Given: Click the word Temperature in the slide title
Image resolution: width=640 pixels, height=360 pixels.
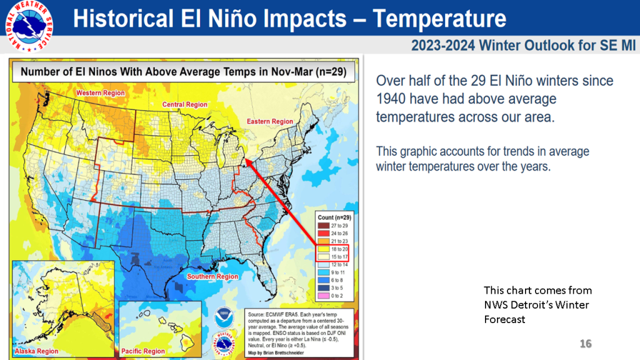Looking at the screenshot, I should pyautogui.click(x=440, y=18).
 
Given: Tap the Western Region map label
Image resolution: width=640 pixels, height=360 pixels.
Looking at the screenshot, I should pyautogui.click(x=97, y=93).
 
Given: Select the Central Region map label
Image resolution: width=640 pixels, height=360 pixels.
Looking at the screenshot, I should pyautogui.click(x=185, y=104).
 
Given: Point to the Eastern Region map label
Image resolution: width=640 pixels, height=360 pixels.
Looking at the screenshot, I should pyautogui.click(x=270, y=121).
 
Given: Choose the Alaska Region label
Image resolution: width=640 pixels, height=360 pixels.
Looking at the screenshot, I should pyautogui.click(x=37, y=351).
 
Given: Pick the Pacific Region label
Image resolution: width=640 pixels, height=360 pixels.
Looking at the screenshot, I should pyautogui.click(x=144, y=351).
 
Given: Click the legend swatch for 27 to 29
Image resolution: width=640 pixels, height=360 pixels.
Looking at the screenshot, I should pyautogui.click(x=322, y=224).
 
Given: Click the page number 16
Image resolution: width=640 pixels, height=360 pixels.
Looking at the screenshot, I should pyautogui.click(x=586, y=344).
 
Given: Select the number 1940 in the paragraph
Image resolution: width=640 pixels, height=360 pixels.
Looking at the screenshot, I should pyautogui.click(x=391, y=99).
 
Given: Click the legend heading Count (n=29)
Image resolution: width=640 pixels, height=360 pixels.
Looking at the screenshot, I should pyautogui.click(x=334, y=217).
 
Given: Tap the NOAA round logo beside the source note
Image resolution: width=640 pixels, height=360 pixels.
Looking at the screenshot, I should pyautogui.click(x=223, y=317).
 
